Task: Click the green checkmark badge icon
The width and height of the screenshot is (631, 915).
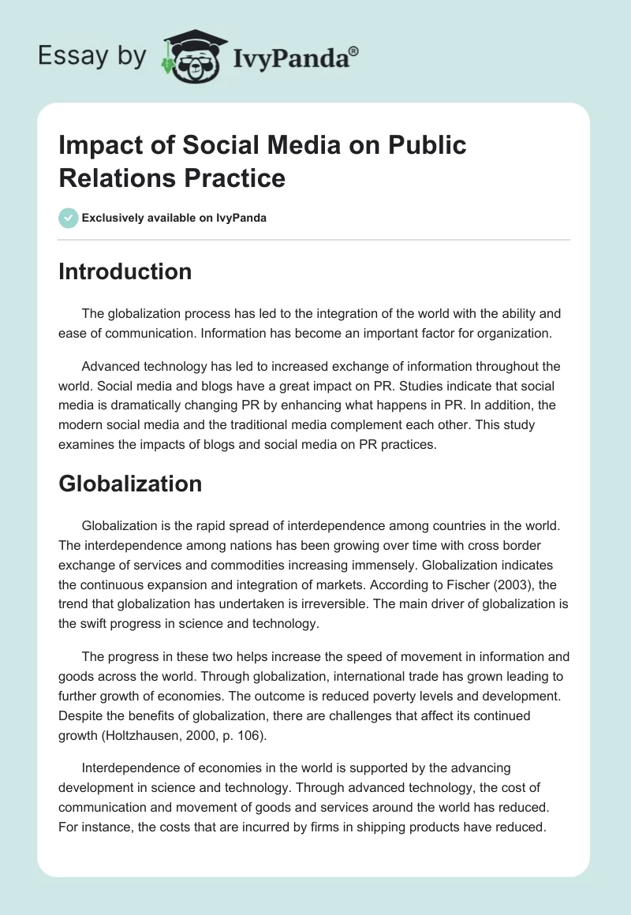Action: click(x=69, y=218)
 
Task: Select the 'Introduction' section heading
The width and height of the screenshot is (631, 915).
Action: click(x=125, y=271)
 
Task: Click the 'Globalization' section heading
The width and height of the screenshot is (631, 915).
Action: click(x=130, y=483)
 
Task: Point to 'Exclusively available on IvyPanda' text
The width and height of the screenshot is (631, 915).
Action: click(x=174, y=218)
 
